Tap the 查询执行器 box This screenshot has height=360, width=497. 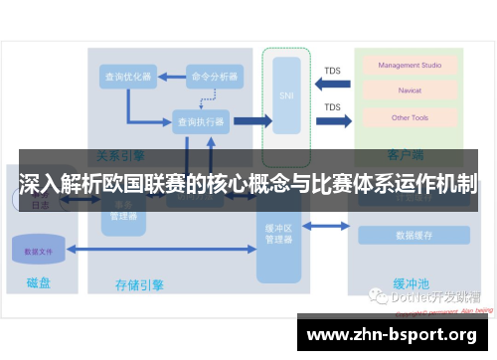[201, 122]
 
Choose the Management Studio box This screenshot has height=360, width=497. [411, 67]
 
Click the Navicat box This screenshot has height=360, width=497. [410, 91]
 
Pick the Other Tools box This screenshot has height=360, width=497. [410, 117]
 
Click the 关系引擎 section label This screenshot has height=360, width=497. [121, 155]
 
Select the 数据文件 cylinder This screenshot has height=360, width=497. [38, 252]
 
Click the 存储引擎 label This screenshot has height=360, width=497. [139, 285]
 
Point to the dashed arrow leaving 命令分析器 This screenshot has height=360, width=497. [209, 96]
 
